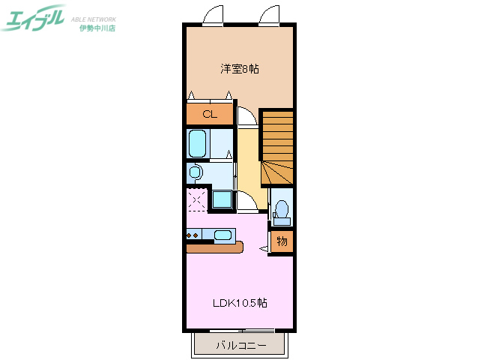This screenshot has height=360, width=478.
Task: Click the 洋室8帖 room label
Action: pyautogui.click(x=240, y=69)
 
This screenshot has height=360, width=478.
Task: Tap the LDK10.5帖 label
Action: pyautogui.click(x=240, y=303)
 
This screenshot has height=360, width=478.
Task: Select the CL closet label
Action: pyautogui.click(x=209, y=115)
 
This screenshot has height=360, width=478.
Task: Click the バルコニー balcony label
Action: pyautogui.click(x=240, y=346)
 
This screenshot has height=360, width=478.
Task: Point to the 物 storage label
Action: pyautogui.click(x=282, y=241)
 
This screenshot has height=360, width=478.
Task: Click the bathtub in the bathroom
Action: pyautogui.click(x=198, y=142)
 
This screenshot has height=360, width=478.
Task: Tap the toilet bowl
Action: pyautogui.click(x=282, y=208)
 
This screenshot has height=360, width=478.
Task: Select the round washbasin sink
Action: pyautogui.click(x=196, y=173)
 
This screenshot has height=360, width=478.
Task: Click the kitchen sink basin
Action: pyautogui.click(x=223, y=235)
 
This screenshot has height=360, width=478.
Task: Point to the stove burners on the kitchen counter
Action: pyautogui.click(x=193, y=235)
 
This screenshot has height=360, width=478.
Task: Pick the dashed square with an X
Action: pyautogui.click(x=198, y=200)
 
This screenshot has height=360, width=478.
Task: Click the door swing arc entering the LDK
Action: pyautogui.click(x=246, y=203)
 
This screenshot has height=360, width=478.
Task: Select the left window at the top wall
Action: pyautogui.click(x=214, y=15)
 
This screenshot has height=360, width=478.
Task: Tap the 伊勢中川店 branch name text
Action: pyautogui.click(x=97, y=28)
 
